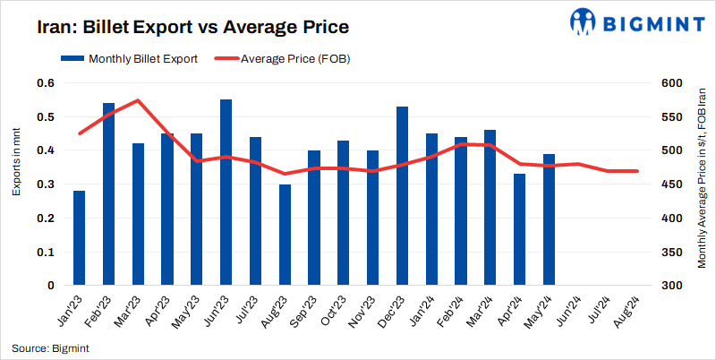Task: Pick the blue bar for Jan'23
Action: (80, 238)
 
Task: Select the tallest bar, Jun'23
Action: (226, 193)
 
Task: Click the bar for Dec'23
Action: (402, 196)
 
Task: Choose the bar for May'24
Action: (549, 219)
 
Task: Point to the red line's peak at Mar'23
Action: (138, 100)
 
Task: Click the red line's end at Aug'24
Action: (636, 171)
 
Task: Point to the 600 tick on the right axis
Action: (670, 83)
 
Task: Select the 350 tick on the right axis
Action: (670, 253)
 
